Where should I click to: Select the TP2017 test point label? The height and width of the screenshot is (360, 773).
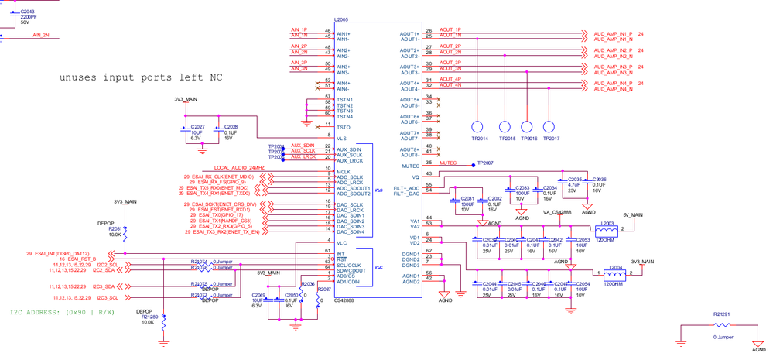click(x=551, y=139)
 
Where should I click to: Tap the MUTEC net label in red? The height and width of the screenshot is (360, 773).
click(x=448, y=163)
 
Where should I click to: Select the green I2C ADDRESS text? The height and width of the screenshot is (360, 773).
click(x=62, y=313)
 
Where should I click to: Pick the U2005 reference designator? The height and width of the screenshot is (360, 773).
click(x=341, y=19)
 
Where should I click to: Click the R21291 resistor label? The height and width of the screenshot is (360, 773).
click(x=723, y=314)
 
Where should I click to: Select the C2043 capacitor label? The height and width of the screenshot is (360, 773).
click(x=27, y=12)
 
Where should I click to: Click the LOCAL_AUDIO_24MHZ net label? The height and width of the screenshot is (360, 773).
click(x=239, y=168)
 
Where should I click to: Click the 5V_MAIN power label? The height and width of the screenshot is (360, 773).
click(x=633, y=215)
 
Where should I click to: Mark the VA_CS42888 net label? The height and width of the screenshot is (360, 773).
click(x=557, y=212)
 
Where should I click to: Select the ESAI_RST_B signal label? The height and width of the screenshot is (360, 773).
click(x=78, y=259)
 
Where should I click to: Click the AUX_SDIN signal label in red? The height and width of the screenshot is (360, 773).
click(x=303, y=146)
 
